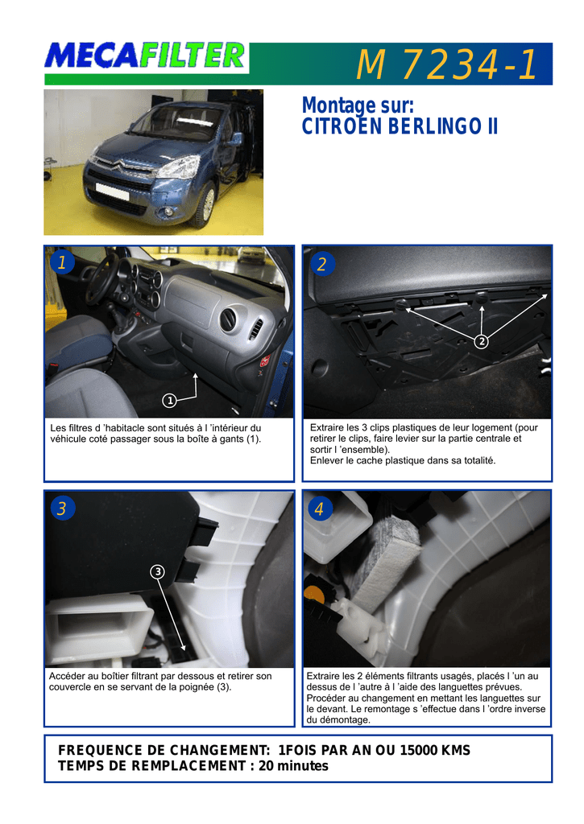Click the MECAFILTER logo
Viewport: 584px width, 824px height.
[x=146, y=56]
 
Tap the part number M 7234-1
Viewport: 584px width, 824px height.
[x=447, y=64]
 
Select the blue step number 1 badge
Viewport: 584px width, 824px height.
[x=62, y=262]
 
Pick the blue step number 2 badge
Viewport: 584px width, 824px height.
[x=321, y=264]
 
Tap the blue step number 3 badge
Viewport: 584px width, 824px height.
[x=63, y=509]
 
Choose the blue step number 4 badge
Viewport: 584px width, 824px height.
[x=320, y=509]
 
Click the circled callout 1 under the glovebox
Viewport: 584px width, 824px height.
[x=169, y=401]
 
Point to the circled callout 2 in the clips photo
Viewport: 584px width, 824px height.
[x=482, y=341]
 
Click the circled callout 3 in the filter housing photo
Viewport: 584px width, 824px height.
[x=157, y=571]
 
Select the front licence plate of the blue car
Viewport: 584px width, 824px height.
[x=112, y=191]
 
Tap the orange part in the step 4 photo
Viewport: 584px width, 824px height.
[x=314, y=595]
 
